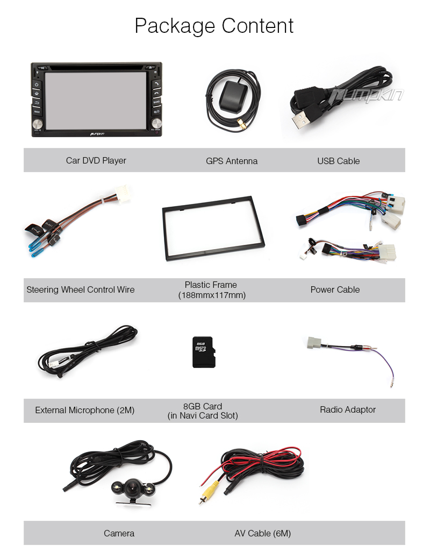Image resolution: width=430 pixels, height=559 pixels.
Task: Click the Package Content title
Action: (x=214, y=26)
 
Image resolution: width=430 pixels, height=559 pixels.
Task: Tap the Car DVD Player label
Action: (x=96, y=160)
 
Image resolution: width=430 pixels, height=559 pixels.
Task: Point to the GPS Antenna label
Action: (x=232, y=161)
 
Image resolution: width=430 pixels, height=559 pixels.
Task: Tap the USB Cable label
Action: (x=338, y=161)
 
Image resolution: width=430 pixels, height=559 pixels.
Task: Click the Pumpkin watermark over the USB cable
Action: (x=367, y=96)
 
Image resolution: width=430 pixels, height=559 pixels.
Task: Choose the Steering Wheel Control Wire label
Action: (x=81, y=289)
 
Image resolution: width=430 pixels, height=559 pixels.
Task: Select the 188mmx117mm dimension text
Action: (x=212, y=295)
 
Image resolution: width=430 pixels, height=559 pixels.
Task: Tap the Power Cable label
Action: (x=335, y=289)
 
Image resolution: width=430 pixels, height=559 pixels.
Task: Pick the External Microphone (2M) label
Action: (x=85, y=410)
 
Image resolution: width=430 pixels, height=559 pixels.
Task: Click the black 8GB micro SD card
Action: (x=204, y=352)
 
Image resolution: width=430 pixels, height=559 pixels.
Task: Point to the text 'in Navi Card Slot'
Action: (x=203, y=415)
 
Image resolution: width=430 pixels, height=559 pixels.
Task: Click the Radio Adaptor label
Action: (x=348, y=409)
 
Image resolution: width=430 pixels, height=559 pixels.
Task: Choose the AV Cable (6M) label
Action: (x=262, y=533)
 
